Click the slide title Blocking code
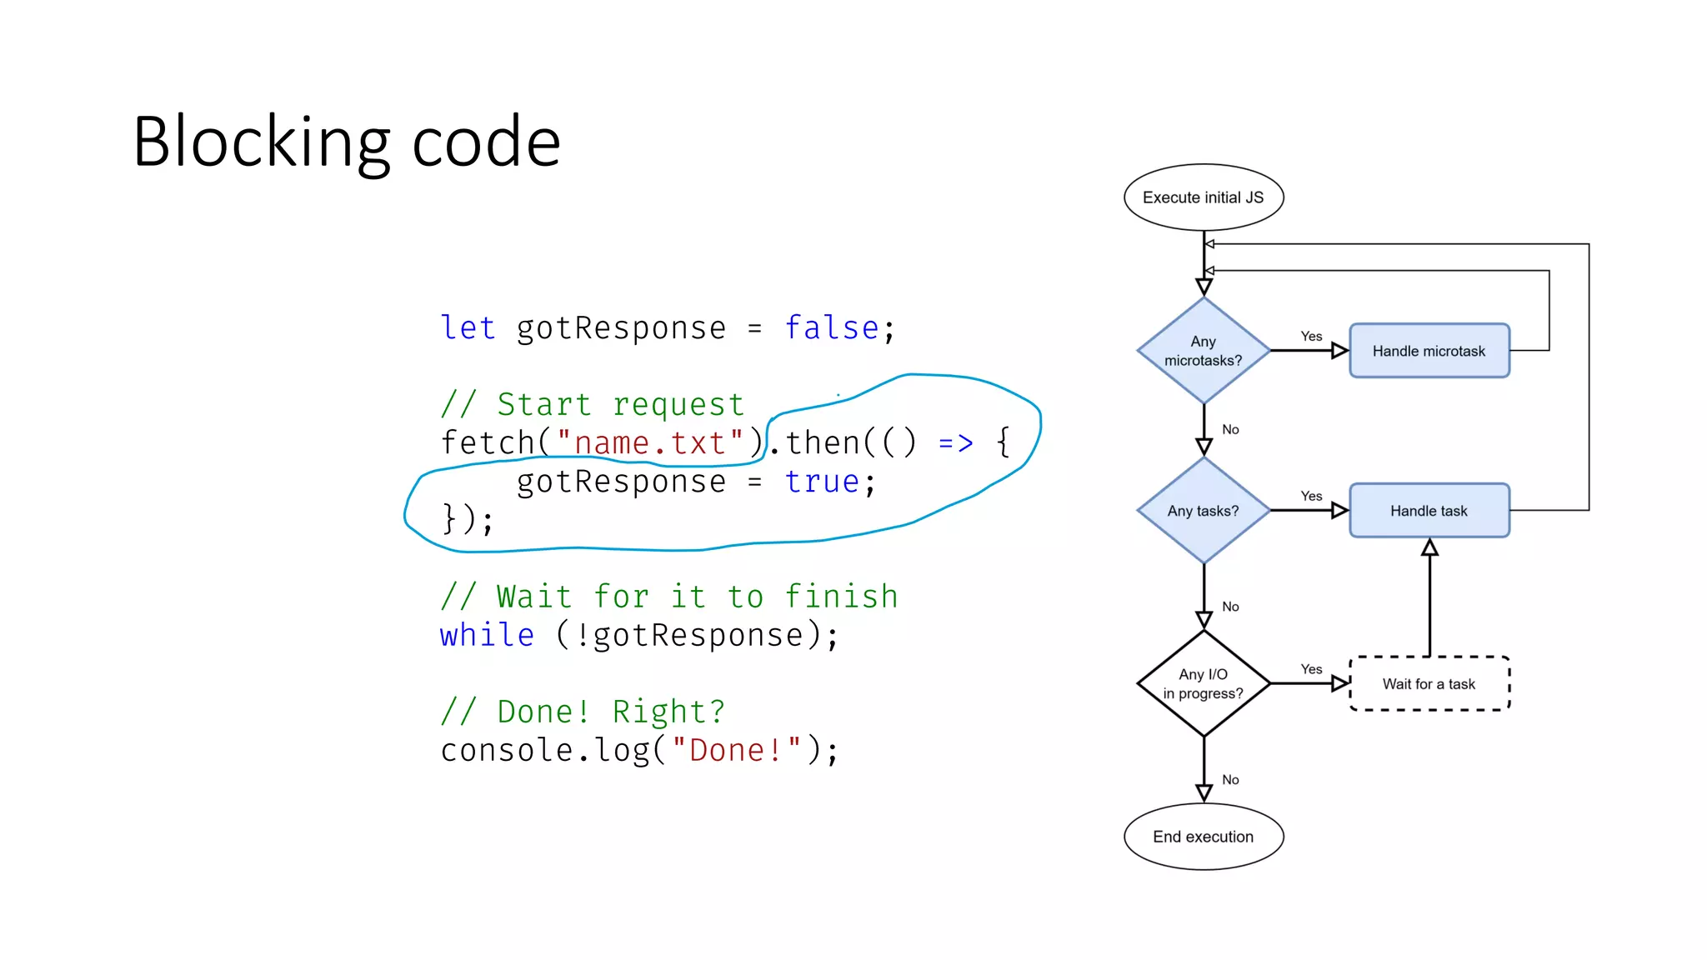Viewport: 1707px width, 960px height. [x=346, y=142]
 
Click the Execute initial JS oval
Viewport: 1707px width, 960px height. [x=1203, y=197]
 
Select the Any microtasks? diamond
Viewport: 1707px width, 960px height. [x=1203, y=351]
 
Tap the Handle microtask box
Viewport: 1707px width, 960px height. [x=1429, y=351]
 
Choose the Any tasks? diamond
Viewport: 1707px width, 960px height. [x=1203, y=511]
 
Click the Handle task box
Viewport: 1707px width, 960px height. [x=1429, y=511]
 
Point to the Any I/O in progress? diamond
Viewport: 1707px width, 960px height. [x=1203, y=683]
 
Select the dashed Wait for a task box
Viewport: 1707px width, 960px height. [x=1429, y=683]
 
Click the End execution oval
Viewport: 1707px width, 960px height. [x=1203, y=837]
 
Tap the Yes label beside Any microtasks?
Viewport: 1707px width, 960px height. [x=1311, y=336]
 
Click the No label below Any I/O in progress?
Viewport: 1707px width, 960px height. [x=1230, y=780]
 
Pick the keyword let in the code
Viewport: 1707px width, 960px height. [x=468, y=328]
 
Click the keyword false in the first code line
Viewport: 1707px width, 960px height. [x=831, y=328]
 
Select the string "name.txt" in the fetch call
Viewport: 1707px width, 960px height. [x=649, y=443]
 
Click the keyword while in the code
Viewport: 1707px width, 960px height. [x=487, y=636]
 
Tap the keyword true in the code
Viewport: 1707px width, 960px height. [x=821, y=482]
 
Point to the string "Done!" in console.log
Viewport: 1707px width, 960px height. [x=736, y=750]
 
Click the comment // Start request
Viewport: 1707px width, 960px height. [x=592, y=405]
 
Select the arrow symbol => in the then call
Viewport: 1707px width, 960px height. [x=955, y=443]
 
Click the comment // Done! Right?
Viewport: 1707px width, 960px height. [x=583, y=712]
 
